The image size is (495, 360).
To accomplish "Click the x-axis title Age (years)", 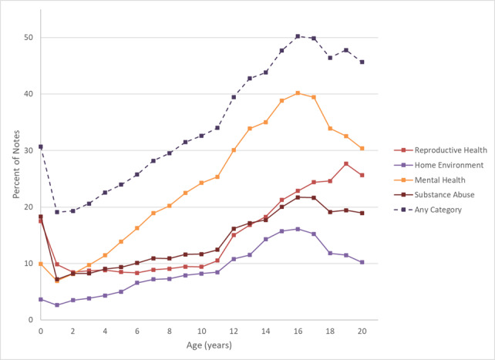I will [201, 345].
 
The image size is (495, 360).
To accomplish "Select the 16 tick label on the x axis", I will [298, 330].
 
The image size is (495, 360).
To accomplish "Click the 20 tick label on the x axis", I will [362, 330].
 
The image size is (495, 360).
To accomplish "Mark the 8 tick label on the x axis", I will [169, 330].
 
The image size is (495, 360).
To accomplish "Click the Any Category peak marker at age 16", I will [298, 36].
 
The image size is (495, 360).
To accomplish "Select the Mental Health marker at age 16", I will [298, 93].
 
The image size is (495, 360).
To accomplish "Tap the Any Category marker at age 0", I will [40, 146].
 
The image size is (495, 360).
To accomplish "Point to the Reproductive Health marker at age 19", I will [346, 163].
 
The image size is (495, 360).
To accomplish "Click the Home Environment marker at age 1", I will [56, 305].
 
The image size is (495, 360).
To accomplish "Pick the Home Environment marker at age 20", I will [362, 262].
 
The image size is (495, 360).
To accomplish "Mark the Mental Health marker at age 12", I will [234, 150].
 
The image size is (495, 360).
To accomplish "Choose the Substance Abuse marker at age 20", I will [362, 213].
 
